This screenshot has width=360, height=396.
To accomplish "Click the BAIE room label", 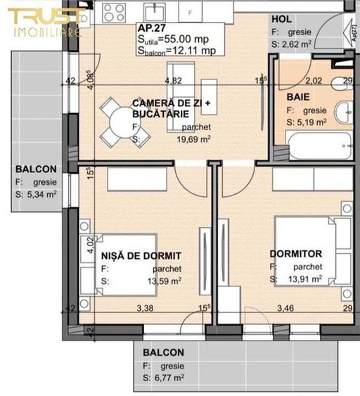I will pyautogui.click(x=297, y=96).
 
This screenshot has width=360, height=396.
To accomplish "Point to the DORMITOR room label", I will pyautogui.click(x=296, y=254).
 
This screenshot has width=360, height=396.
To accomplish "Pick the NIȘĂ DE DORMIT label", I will pyautogui.click(x=141, y=255).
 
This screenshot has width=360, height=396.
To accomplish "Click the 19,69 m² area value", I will pyautogui.click(x=196, y=139).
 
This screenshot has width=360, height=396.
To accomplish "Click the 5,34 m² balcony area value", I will pyautogui.click(x=41, y=194).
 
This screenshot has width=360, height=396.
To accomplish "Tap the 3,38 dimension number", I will pyautogui.click(x=145, y=307).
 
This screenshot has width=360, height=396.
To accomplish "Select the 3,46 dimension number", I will pyautogui.click(x=285, y=307).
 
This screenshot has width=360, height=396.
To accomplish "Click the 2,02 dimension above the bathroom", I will pyautogui.click(x=314, y=81).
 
